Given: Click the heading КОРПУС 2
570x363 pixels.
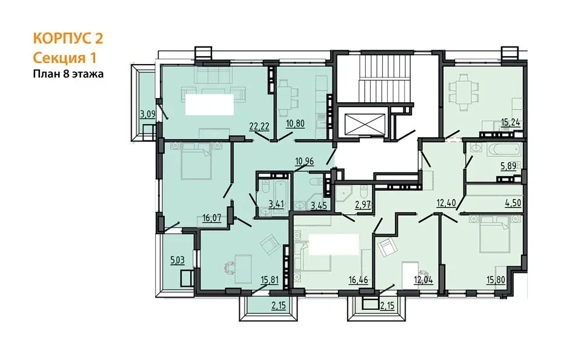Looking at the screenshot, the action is pyautogui.click(x=68, y=38).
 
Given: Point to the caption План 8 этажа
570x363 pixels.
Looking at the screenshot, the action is pyautogui.click(x=68, y=74).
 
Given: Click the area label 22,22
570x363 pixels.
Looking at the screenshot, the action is pyautogui.click(x=259, y=126).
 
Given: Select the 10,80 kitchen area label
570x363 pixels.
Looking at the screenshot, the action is pyautogui.click(x=295, y=124).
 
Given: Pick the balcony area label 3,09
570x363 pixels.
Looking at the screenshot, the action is pyautogui.click(x=148, y=114).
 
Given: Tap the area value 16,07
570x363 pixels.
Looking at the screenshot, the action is pyautogui.click(x=211, y=218).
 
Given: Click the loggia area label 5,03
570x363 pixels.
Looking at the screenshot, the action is pyautogui.click(x=177, y=260).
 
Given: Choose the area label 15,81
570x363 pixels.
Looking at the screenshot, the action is pyautogui.click(x=270, y=280).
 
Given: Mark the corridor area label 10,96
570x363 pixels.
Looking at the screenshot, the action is pyautogui.click(x=304, y=161).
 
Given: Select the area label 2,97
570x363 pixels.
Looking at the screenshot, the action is pyautogui.click(x=362, y=205).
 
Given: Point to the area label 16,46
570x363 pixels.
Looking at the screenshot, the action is pyautogui.click(x=359, y=280).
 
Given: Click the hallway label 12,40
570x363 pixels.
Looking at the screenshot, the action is pyautogui.click(x=446, y=203).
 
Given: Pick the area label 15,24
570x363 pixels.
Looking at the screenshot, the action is pyautogui.click(x=511, y=123).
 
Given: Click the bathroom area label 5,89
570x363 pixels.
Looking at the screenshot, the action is pyautogui.click(x=509, y=166).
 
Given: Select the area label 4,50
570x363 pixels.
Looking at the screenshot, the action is pyautogui.click(x=513, y=203).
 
